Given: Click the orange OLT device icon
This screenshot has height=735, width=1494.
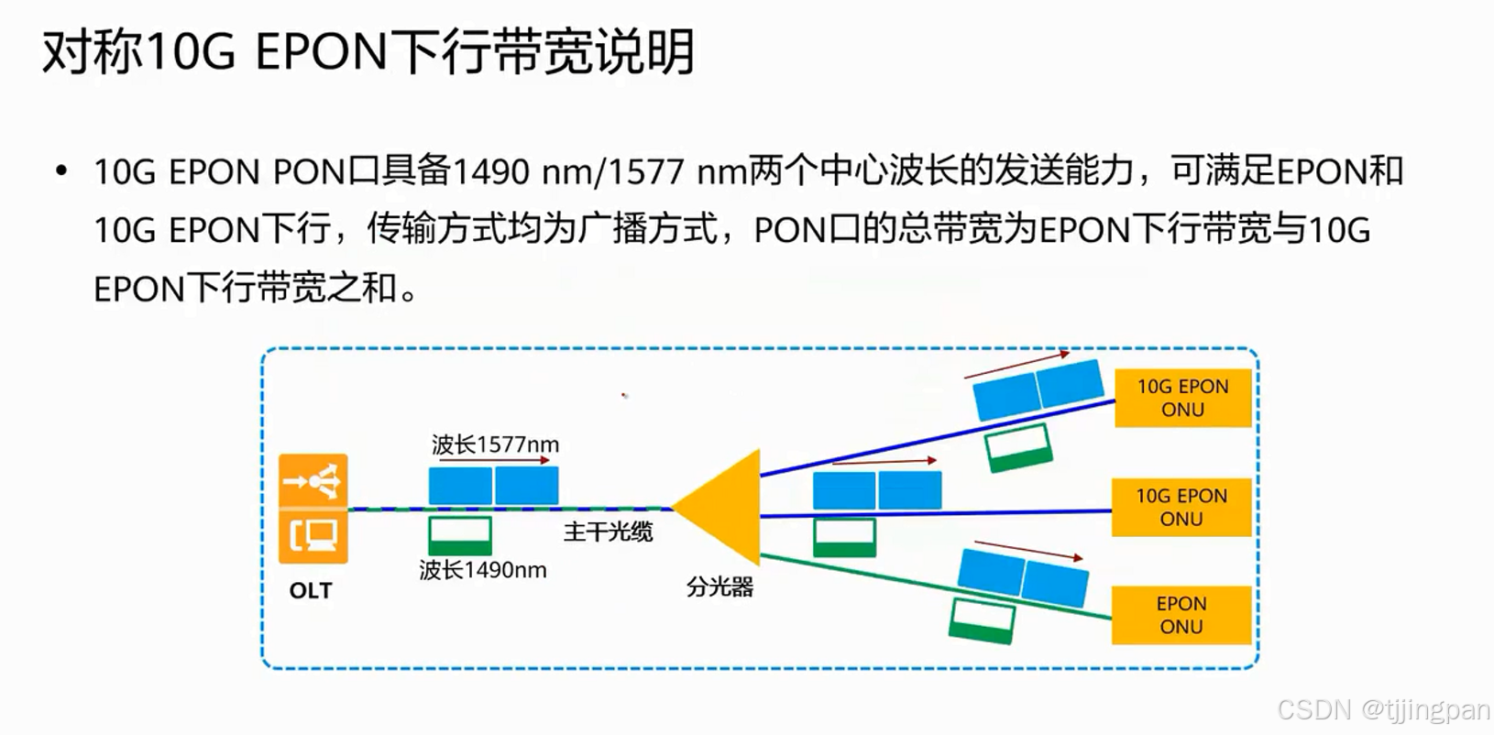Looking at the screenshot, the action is click(313, 508).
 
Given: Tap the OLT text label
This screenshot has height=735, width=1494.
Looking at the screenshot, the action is click(311, 591).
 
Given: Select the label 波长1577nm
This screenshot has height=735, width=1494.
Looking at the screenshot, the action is click(495, 445).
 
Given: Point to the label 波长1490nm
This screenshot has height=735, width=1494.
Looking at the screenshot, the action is click(483, 570).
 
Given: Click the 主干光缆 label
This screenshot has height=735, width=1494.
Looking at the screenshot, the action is click(608, 532).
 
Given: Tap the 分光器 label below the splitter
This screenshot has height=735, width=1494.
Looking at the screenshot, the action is click(720, 587).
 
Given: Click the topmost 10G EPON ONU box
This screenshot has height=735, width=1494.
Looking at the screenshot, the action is click(1182, 399).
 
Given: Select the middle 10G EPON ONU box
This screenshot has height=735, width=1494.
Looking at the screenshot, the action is click(1181, 507).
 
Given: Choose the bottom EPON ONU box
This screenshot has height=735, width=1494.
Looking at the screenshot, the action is click(1181, 615).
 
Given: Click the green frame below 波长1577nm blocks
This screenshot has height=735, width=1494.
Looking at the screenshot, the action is click(460, 534).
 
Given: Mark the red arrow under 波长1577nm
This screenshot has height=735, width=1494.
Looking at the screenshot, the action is click(495, 460).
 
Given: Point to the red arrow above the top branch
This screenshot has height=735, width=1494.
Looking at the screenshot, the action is click(1016, 364).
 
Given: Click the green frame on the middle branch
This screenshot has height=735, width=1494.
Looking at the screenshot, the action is click(845, 537).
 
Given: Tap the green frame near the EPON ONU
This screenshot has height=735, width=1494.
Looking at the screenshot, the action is click(983, 620).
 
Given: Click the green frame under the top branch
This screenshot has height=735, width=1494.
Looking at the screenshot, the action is click(1018, 447).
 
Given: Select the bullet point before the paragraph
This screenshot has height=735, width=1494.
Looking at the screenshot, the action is click(61, 171).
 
